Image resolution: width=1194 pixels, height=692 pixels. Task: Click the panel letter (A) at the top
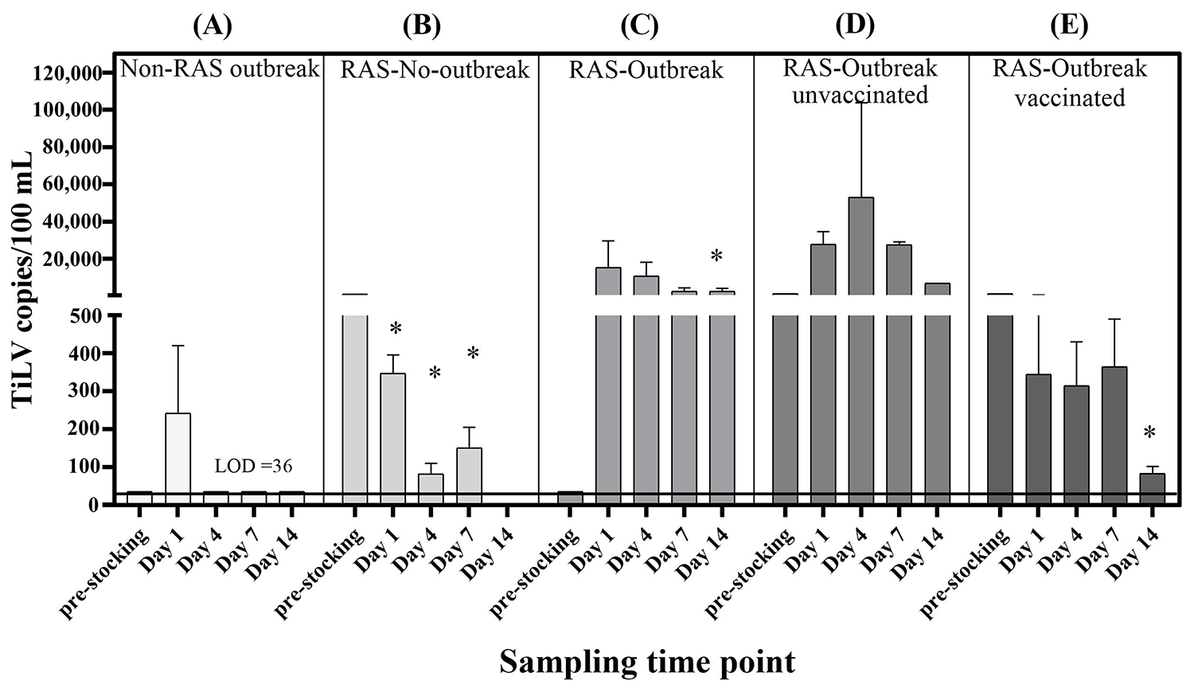point(213,25)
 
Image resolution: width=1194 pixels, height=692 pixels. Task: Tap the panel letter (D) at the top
point(856,25)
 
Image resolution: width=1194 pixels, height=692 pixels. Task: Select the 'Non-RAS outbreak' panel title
point(220,69)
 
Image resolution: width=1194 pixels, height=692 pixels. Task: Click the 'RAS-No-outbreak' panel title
point(435,70)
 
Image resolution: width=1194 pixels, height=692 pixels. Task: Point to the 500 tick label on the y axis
point(84,316)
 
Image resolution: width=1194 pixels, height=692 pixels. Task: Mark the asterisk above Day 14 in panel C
point(716,256)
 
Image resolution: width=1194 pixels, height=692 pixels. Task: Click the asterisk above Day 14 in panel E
point(1149,434)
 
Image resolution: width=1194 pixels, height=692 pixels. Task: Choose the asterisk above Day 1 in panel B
point(396,329)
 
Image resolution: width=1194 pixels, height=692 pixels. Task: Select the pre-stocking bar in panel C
point(570,498)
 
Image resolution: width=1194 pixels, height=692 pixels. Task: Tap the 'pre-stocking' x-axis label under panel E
point(965,573)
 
